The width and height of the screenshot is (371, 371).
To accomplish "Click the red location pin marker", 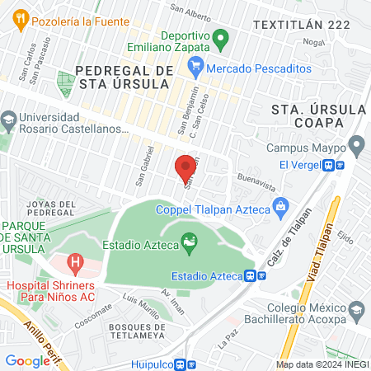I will pyautogui.click(x=186, y=168).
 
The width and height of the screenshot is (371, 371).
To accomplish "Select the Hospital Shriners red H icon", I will pyautogui.click(x=75, y=265).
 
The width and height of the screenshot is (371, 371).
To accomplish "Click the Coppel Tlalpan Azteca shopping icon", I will pyautogui.click(x=280, y=205).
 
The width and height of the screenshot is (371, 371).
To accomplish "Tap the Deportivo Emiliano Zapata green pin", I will pyautogui.click(x=220, y=37).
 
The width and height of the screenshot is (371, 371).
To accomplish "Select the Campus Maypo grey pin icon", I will pyautogui.click(x=356, y=147).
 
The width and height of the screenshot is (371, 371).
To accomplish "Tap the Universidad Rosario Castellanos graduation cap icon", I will pyautogui.click(x=8, y=120).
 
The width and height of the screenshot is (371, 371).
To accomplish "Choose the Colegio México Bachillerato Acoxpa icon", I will pyautogui.click(x=356, y=312).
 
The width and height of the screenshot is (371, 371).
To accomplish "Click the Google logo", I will pyautogui.click(x=27, y=360).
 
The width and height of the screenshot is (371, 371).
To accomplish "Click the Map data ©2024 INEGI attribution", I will pyautogui.click(x=322, y=364).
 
